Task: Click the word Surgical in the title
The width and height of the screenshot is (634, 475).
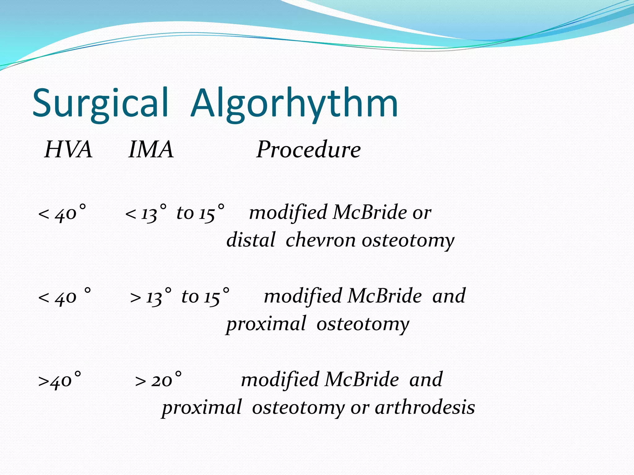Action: [101, 104]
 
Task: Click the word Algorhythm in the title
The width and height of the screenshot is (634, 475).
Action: [294, 104]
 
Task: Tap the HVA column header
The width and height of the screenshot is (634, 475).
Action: [68, 150]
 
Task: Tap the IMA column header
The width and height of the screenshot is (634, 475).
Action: [151, 150]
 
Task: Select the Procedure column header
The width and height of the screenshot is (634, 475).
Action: [308, 150]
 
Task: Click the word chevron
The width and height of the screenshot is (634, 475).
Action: [320, 241]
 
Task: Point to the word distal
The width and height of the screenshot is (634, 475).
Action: [251, 241]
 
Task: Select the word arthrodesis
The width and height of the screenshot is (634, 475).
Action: [425, 408]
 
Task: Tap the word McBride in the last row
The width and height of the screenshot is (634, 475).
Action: [362, 380]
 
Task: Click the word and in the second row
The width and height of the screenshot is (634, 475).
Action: [449, 296]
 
